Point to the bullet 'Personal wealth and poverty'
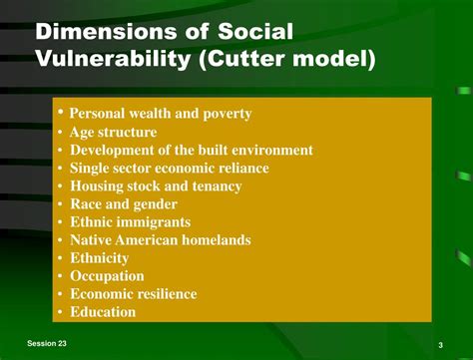(x=160, y=114)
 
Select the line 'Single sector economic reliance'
(x=169, y=168)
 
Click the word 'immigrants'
(x=154, y=221)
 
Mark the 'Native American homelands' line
(x=160, y=239)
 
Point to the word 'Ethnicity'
(x=99, y=257)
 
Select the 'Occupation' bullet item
(x=107, y=275)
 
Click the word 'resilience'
(x=163, y=293)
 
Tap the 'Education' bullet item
(x=102, y=311)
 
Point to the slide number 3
(x=440, y=345)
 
